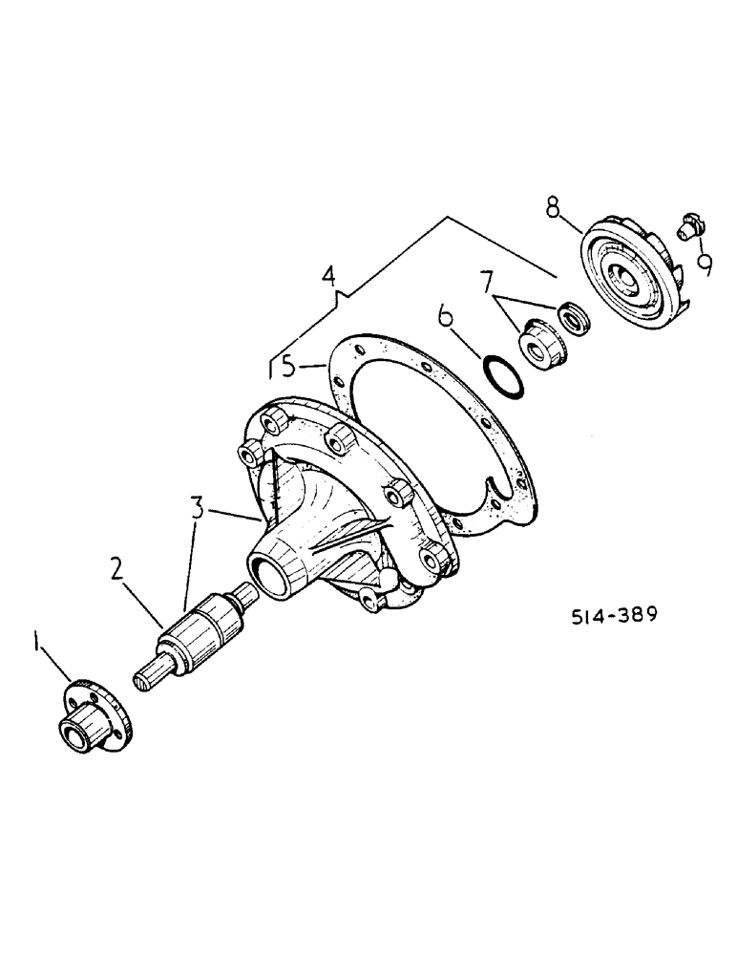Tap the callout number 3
pos(197,507)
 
